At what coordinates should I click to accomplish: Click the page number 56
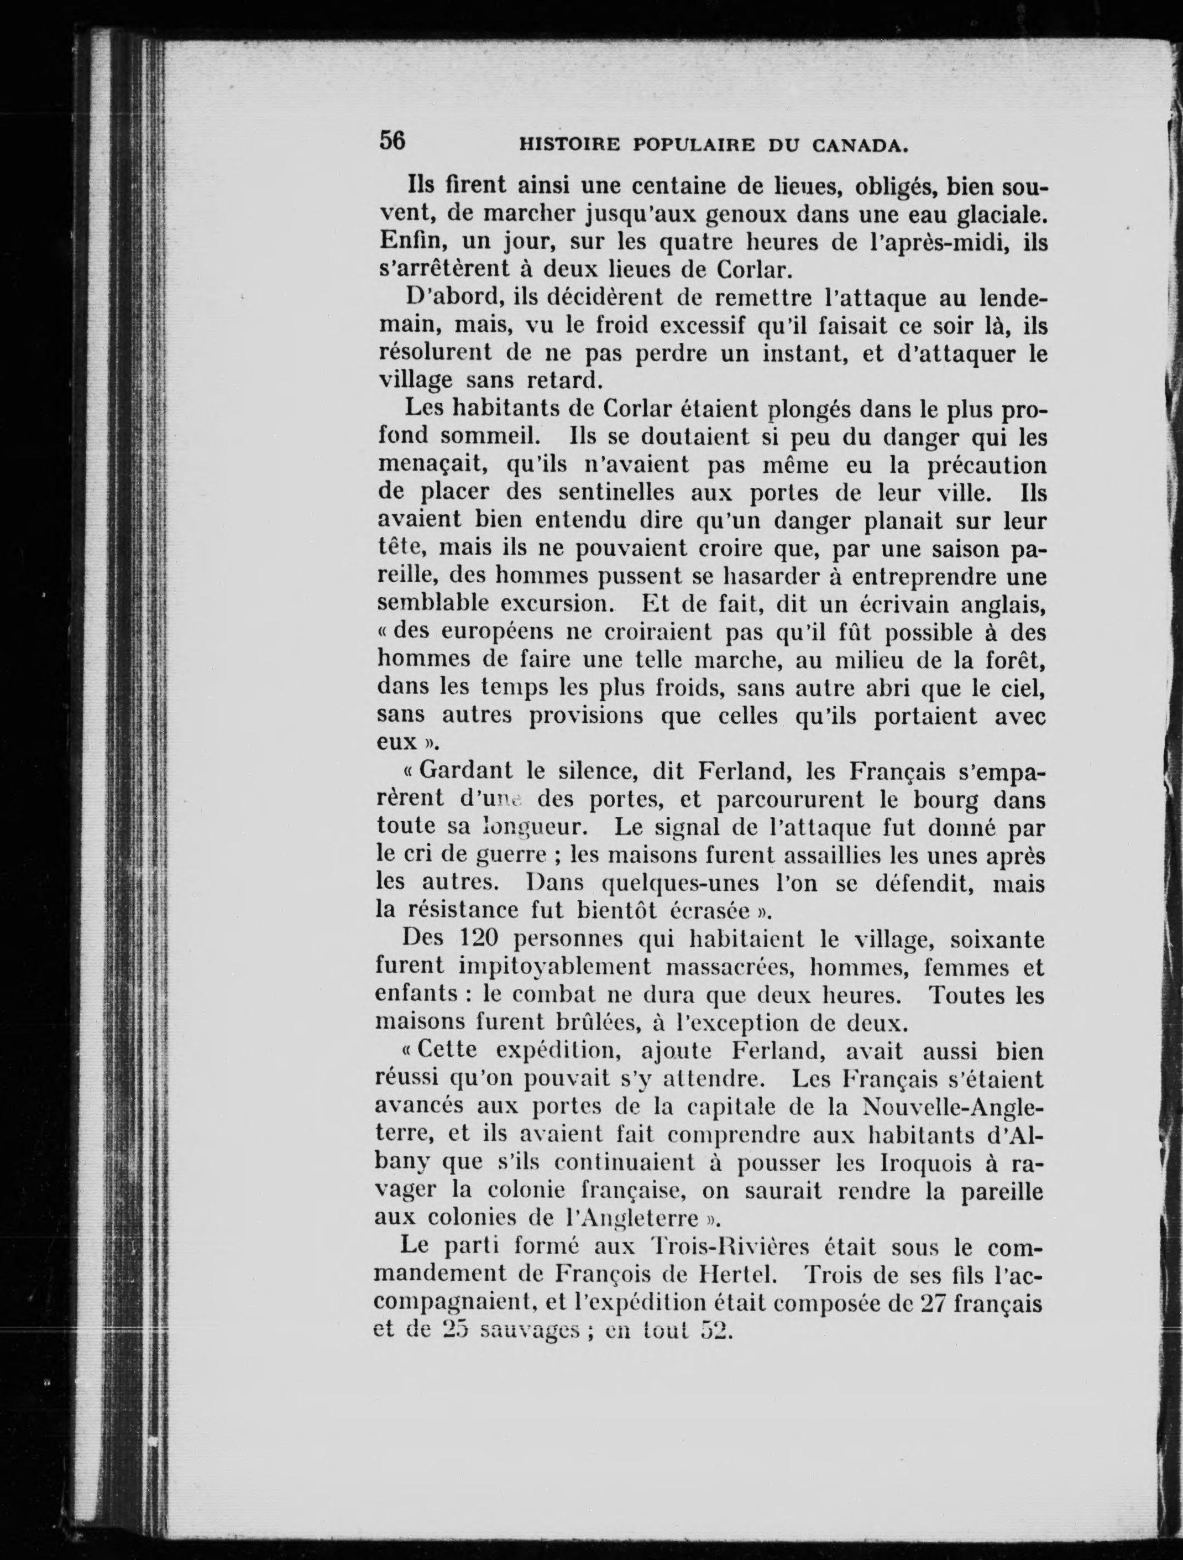pyautogui.click(x=392, y=140)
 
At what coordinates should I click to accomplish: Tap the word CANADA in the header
pyautogui.click(x=859, y=146)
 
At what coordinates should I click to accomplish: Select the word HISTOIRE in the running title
pyautogui.click(x=569, y=146)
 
